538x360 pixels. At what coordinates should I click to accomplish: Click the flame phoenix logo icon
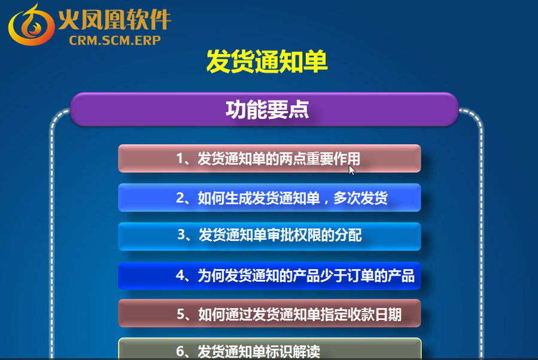click(x=31, y=25)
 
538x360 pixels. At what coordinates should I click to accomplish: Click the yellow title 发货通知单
click(x=267, y=62)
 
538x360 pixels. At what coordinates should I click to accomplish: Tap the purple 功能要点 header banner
click(x=264, y=109)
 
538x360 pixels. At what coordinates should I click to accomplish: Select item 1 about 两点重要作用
click(x=269, y=158)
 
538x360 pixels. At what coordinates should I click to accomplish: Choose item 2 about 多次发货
click(x=269, y=197)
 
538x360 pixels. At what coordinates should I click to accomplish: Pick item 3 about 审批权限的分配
click(x=269, y=236)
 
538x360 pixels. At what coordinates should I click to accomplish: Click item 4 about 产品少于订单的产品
click(x=269, y=276)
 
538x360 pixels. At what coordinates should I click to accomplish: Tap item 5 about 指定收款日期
click(x=269, y=313)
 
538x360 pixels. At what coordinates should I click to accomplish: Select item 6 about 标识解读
click(x=269, y=349)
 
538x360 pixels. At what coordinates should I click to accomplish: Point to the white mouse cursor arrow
click(x=352, y=170)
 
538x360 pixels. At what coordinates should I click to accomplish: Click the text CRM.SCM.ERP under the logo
click(x=115, y=41)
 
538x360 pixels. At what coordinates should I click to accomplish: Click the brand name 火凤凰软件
click(x=114, y=20)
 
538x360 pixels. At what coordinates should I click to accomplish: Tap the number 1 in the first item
click(x=180, y=158)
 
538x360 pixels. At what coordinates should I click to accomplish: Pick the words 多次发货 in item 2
click(x=360, y=198)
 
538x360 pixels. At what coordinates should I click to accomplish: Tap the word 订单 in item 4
click(x=361, y=276)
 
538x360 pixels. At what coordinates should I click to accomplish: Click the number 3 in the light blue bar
click(x=181, y=235)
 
